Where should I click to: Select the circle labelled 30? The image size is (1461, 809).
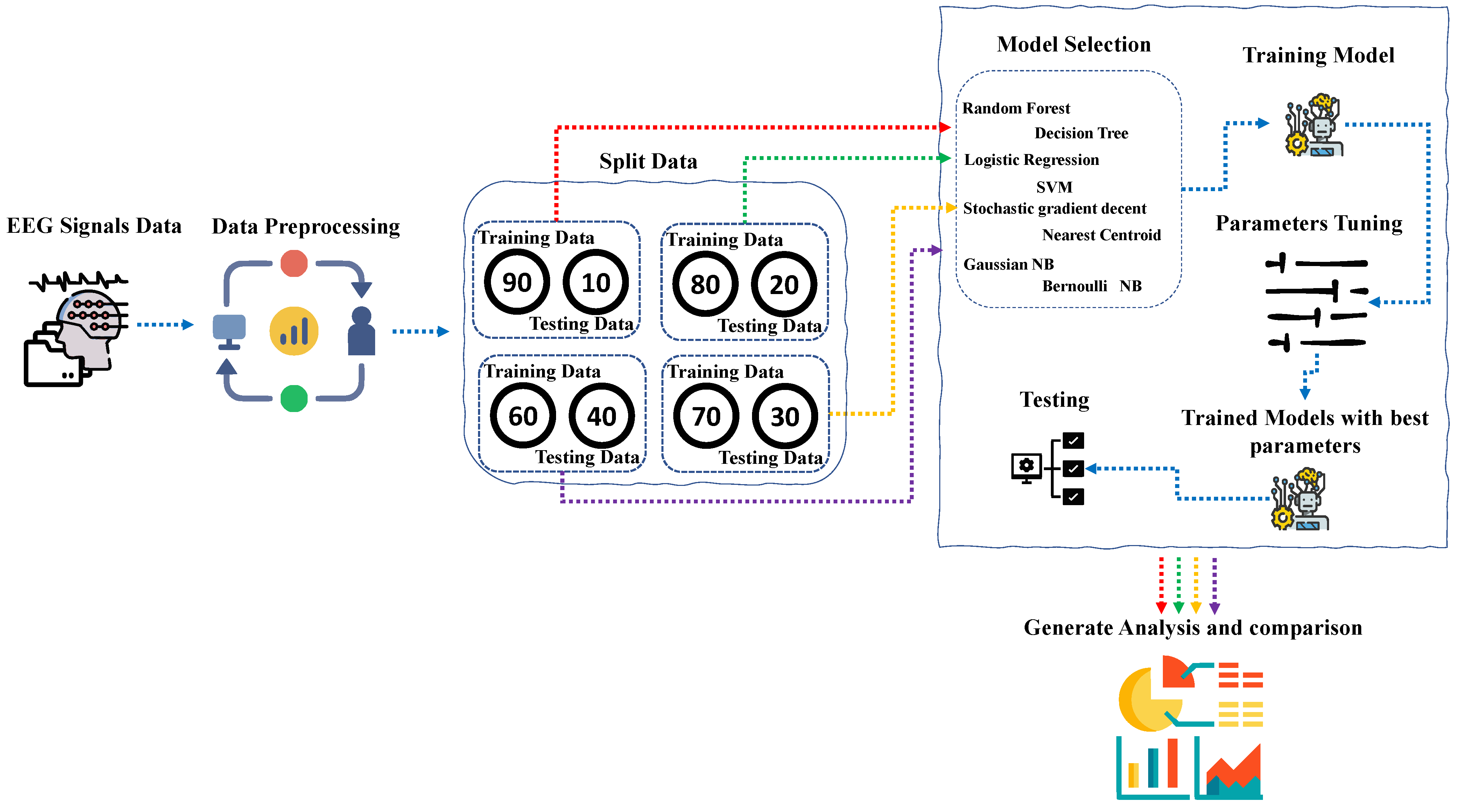pyautogui.click(x=785, y=417)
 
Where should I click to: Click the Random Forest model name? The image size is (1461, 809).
pyautogui.click(x=1016, y=109)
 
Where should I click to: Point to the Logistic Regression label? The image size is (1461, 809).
pyautogui.click(x=1031, y=160)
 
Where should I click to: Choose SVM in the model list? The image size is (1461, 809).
pyautogui.click(x=1054, y=187)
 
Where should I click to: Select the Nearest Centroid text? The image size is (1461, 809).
pyautogui.click(x=1101, y=235)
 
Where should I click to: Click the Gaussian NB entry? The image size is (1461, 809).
pyautogui.click(x=1009, y=264)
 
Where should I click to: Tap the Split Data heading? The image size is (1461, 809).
pyautogui.click(x=648, y=162)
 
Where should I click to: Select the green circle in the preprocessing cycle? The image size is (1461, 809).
pyautogui.click(x=294, y=398)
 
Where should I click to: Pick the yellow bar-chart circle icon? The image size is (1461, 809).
pyautogui.click(x=294, y=331)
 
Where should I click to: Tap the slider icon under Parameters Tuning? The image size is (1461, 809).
pyautogui.click(x=1316, y=302)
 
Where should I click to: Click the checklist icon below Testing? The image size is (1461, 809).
pyautogui.click(x=1048, y=469)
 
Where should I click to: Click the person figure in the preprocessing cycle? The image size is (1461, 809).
pyautogui.click(x=361, y=331)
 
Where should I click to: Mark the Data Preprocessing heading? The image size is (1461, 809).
pyautogui.click(x=306, y=226)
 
